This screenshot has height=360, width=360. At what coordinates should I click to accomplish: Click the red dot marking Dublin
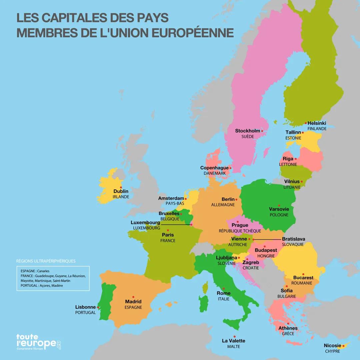(x=121, y=187)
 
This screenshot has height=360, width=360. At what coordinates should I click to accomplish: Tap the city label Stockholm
(x=247, y=131)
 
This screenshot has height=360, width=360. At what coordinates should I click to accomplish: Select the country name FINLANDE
(x=317, y=129)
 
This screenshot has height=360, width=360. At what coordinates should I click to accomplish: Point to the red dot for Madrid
(x=133, y=297)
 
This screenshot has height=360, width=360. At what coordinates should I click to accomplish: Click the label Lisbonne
(x=85, y=307)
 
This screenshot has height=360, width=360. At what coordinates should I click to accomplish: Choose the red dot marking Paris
(x=168, y=230)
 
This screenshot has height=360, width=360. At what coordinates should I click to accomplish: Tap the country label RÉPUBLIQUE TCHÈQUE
(x=240, y=231)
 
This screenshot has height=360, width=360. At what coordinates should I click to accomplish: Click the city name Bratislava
(x=293, y=239)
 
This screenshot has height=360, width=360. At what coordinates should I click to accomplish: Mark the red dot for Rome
(x=224, y=289)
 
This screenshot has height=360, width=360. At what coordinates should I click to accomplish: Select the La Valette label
(x=233, y=341)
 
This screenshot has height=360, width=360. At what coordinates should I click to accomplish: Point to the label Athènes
(x=288, y=328)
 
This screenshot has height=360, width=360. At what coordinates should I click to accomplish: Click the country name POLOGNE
(x=279, y=215)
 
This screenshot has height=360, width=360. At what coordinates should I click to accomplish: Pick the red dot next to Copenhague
(x=230, y=168)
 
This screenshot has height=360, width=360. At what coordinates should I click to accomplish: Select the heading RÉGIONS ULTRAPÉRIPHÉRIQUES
(x=46, y=261)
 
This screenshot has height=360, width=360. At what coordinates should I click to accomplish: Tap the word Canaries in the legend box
(x=43, y=271)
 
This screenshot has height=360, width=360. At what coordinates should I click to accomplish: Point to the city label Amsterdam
(x=171, y=198)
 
